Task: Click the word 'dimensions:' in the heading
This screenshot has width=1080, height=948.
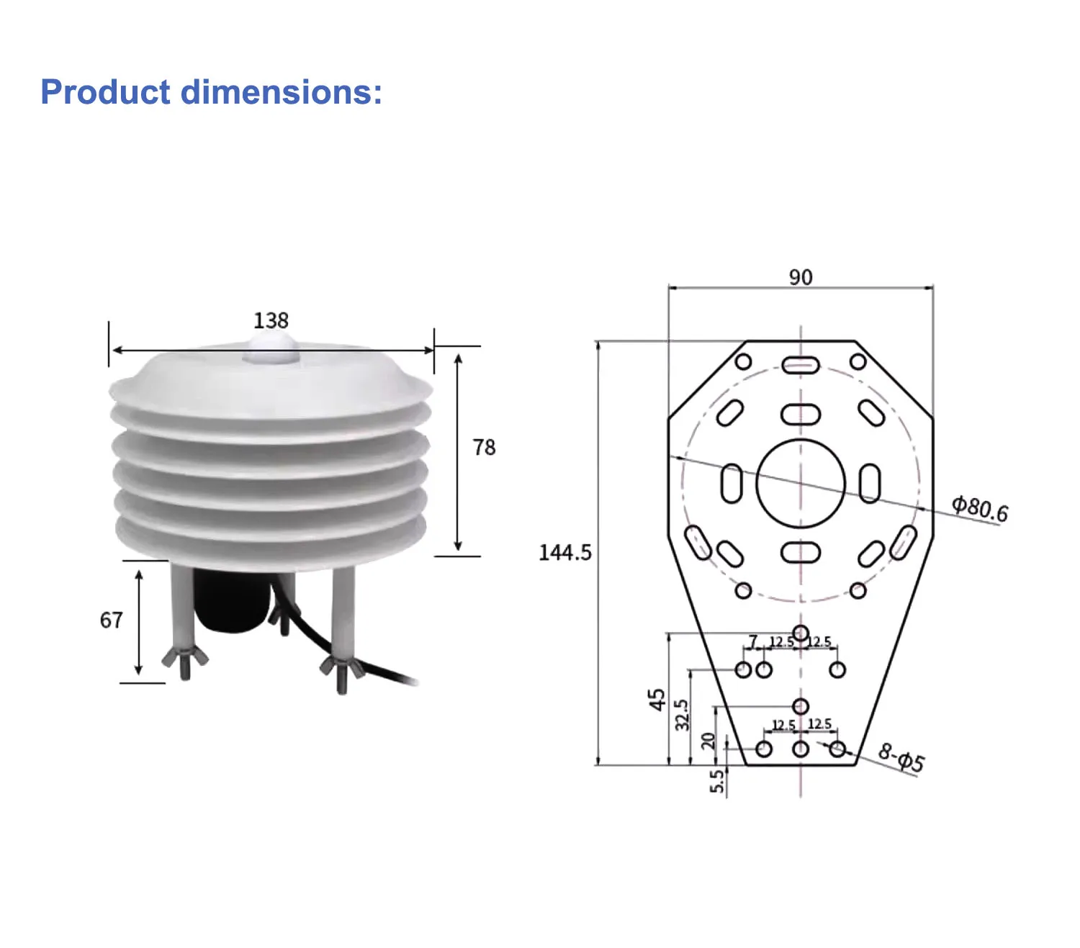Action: pyautogui.click(x=282, y=92)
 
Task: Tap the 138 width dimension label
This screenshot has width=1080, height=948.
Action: pyautogui.click(x=271, y=320)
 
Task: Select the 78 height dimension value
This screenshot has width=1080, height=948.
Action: pyautogui.click(x=484, y=448)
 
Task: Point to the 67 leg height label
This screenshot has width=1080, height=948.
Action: pyautogui.click(x=112, y=620)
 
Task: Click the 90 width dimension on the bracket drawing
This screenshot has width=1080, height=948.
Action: pyautogui.click(x=801, y=277)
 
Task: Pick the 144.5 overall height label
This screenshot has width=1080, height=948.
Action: pyautogui.click(x=565, y=553)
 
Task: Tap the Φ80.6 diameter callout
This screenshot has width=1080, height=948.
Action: pyautogui.click(x=980, y=507)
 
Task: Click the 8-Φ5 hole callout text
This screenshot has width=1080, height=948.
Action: pyautogui.click(x=901, y=758)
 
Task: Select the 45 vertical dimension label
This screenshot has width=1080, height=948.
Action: pyautogui.click(x=657, y=700)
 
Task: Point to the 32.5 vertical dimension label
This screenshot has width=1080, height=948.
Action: pyautogui.click(x=682, y=715)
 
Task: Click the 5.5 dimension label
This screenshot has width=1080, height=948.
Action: pyautogui.click(x=716, y=781)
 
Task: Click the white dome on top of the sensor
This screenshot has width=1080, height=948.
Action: pyautogui.click(x=271, y=348)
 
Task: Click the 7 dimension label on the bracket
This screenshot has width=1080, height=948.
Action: pyautogui.click(x=753, y=641)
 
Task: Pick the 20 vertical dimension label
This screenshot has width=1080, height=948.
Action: pyautogui.click(x=708, y=741)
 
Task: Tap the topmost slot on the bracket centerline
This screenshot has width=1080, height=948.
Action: pyautogui.click(x=801, y=365)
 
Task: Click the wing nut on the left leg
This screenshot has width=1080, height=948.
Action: pyautogui.click(x=185, y=657)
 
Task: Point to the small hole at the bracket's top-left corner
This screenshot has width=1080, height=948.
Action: pyautogui.click(x=744, y=361)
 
